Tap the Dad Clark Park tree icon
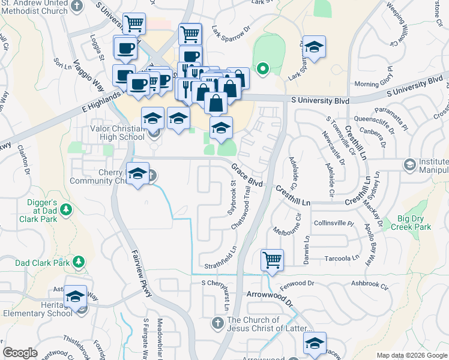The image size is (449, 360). tap(78, 262)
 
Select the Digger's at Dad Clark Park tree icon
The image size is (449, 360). tap(67, 210)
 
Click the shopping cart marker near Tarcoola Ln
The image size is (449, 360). tap(272, 260)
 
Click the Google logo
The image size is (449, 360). tap(20, 353)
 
